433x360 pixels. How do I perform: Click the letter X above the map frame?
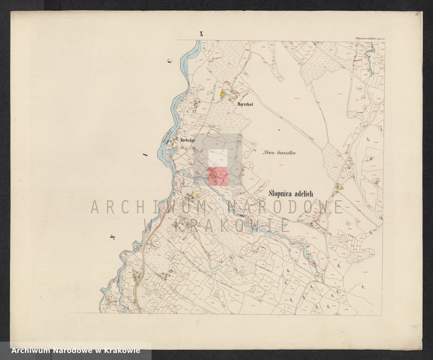201,34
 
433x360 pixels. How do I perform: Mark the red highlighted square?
218,176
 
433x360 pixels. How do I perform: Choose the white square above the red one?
218,158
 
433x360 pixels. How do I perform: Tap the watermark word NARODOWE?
287,207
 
